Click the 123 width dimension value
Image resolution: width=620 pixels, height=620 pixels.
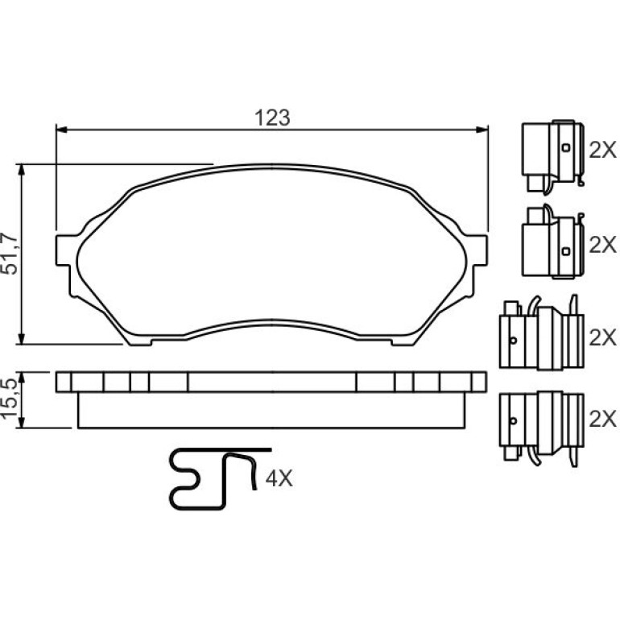click(272, 118)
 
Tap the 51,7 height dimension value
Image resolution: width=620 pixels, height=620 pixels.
click(10, 254)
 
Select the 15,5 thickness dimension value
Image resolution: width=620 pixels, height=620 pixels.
click(10, 399)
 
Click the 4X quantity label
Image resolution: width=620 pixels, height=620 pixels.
click(279, 479)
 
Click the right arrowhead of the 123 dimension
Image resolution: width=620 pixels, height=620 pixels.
click(482, 130)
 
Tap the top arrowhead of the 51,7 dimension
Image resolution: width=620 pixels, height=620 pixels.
click(22, 170)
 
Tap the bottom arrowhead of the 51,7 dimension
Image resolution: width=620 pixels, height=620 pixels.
click(22, 338)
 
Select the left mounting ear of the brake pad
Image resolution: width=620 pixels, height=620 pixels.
click(64, 250)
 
